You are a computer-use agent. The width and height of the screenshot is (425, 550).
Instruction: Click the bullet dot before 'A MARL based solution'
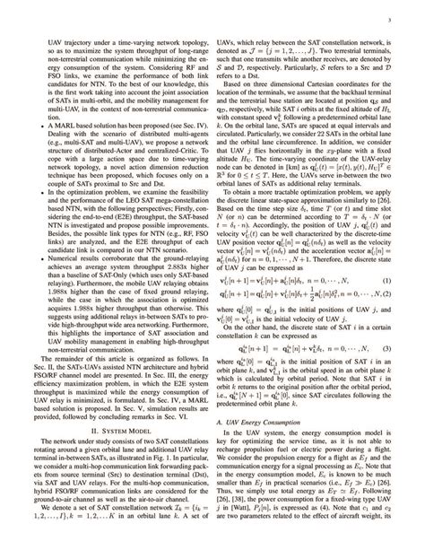(45, 119)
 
